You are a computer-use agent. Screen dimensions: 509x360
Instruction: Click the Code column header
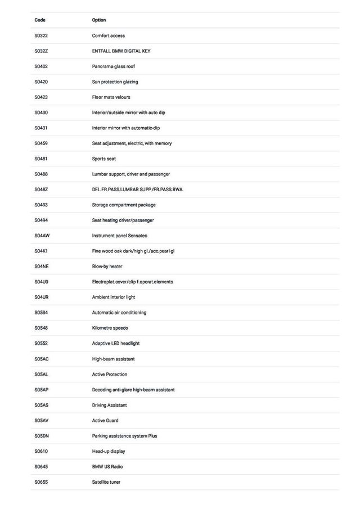tap(40, 20)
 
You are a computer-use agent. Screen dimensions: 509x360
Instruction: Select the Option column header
tap(99, 20)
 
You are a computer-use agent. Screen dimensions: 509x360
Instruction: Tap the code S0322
tap(41, 35)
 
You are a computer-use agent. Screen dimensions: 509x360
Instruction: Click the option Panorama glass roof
tap(114, 66)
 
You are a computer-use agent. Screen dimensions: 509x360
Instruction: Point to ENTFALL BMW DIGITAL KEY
tap(121, 51)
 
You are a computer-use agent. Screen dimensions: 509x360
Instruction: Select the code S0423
tap(41, 97)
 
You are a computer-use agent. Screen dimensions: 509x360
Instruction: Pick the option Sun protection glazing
tap(115, 82)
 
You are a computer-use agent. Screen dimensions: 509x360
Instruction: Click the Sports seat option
tap(104, 159)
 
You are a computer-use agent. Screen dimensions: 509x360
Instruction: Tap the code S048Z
tap(41, 190)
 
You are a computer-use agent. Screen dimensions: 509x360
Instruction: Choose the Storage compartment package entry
tap(124, 205)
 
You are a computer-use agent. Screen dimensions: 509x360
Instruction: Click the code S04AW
tap(42, 236)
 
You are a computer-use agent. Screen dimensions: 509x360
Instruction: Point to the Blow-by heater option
tap(107, 267)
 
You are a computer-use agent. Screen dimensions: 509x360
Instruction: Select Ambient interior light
tap(114, 297)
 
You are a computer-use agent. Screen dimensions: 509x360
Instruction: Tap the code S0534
tap(41, 313)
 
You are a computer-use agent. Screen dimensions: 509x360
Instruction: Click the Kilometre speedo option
tap(110, 328)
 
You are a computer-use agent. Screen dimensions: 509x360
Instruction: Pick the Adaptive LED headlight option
tap(116, 343)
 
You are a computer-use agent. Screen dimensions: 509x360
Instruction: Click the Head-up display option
tap(109, 451)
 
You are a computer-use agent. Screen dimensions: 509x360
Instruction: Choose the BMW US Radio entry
tap(107, 467)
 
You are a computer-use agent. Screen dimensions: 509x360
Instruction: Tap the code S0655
tap(41, 482)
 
